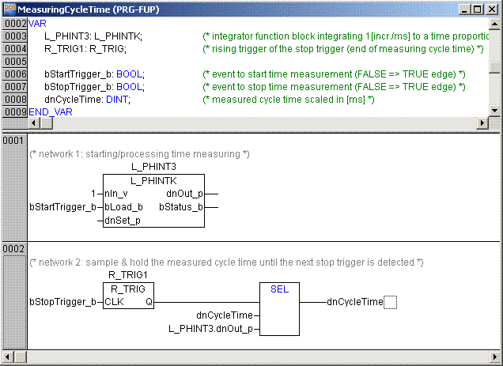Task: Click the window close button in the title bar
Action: coord(494,9)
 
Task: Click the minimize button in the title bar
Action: coord(467,9)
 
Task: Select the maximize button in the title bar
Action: coord(479,9)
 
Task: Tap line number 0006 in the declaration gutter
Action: coord(15,74)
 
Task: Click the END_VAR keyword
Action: coord(50,112)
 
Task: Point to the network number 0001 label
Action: coord(13,140)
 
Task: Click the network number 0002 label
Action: coord(13,248)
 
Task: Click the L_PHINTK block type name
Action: coord(153,180)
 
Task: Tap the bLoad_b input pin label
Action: coord(123,207)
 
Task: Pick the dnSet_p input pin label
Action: coord(122,221)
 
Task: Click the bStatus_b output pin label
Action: coord(180,207)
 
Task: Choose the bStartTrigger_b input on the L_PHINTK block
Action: coord(62,207)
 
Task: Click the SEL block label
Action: coord(279,289)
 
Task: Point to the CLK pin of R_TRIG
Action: coord(114,301)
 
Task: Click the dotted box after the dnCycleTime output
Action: coord(390,301)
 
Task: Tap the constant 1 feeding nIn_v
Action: coord(93,193)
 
